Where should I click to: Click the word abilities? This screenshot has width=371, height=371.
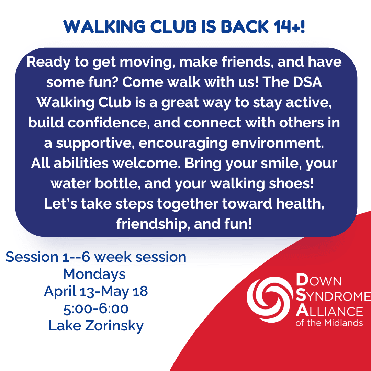tap(81, 163)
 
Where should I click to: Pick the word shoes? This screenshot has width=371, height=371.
tap(291, 183)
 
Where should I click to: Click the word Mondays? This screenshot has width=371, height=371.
tap(94, 274)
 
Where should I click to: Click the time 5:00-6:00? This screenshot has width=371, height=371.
tap(96, 308)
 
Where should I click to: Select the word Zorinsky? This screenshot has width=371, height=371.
tap(114, 326)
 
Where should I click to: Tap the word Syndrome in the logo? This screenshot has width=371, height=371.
tap(333, 296)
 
